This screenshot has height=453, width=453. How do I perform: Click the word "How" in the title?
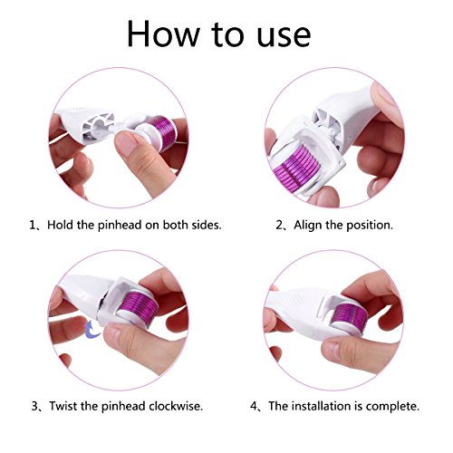164,34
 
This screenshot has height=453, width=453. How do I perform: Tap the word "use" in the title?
284,36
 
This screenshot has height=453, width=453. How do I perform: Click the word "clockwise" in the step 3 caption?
175,406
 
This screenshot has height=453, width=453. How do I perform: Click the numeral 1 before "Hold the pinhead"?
33,226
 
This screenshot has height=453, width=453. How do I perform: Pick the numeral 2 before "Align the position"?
279,226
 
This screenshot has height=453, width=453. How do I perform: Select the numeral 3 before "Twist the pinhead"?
34,406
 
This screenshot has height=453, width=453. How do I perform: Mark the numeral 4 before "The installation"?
254,406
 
